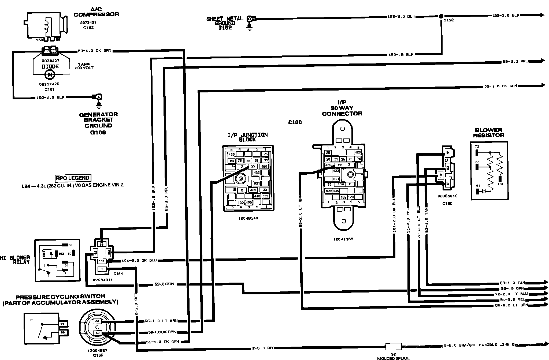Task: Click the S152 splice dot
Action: click(441, 16)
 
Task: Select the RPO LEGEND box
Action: click(73, 178)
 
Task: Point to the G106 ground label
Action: click(98, 132)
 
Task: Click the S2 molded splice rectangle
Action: click(393, 346)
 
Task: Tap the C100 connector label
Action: click(295, 122)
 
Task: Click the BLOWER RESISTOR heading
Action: click(488, 133)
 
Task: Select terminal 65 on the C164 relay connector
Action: click(101, 245)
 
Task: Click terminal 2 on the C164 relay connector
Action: click(102, 269)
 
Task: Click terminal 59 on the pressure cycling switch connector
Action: click(97, 333)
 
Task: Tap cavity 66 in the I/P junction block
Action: click(253, 166)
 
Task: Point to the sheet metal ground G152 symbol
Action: click(250, 22)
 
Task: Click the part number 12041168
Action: click(343, 239)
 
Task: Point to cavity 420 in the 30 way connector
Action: click(358, 152)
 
